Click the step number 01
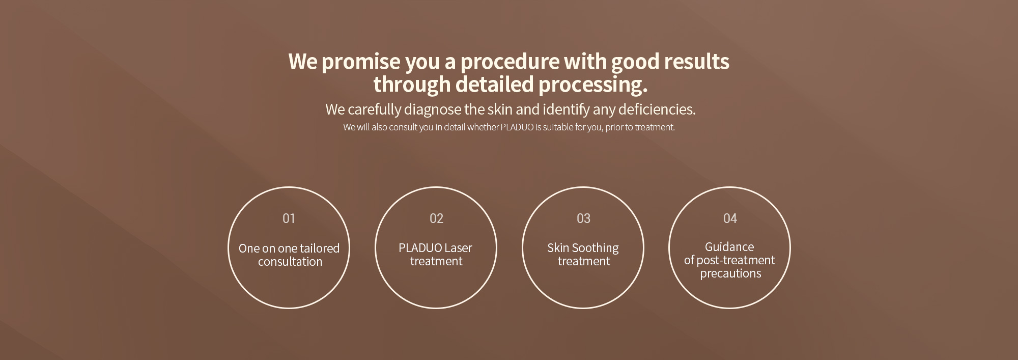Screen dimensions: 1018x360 (289, 218)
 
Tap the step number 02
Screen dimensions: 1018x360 (436, 218)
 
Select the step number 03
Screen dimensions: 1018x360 (583, 218)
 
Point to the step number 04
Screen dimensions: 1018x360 (730, 218)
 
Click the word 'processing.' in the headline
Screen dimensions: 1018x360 (593, 85)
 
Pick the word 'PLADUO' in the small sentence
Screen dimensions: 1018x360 (517, 127)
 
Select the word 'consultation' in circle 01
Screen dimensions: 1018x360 (290, 262)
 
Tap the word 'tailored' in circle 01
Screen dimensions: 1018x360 (320, 248)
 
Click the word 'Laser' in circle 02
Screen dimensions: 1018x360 (458, 248)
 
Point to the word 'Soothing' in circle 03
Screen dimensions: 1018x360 (595, 248)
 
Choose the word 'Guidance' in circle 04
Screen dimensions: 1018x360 (729, 247)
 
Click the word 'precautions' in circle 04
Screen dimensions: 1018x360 (730, 274)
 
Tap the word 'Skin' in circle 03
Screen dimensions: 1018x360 (558, 248)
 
